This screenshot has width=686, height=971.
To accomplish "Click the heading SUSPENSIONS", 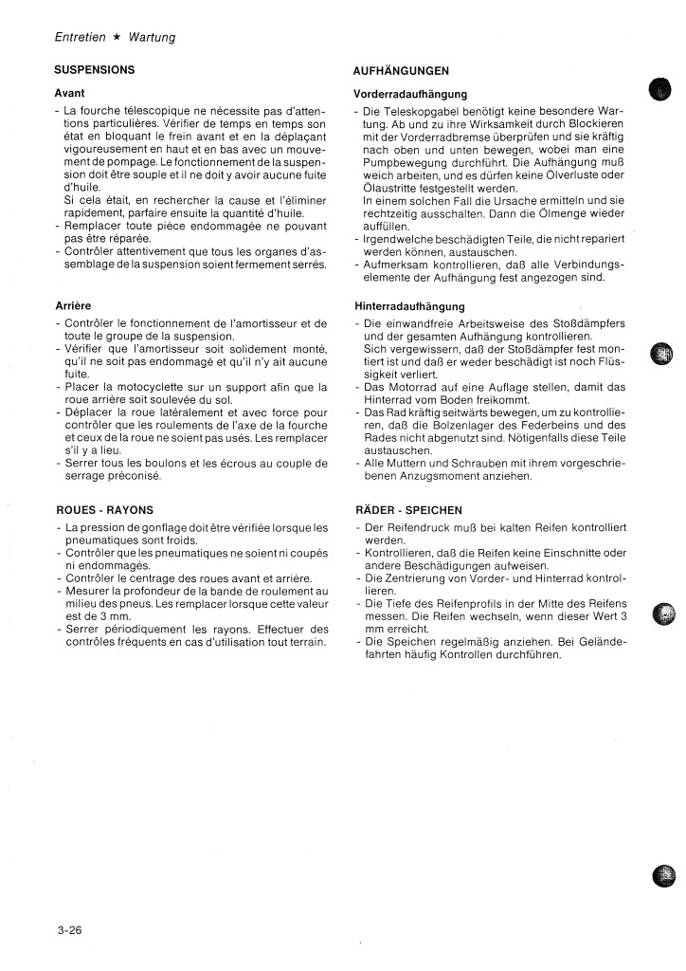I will (x=95, y=69).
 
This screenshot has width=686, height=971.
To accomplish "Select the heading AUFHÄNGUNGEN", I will (x=400, y=71).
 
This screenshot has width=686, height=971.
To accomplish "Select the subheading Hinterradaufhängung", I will (x=409, y=306).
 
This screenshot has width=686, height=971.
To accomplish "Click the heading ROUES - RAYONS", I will (x=104, y=509).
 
